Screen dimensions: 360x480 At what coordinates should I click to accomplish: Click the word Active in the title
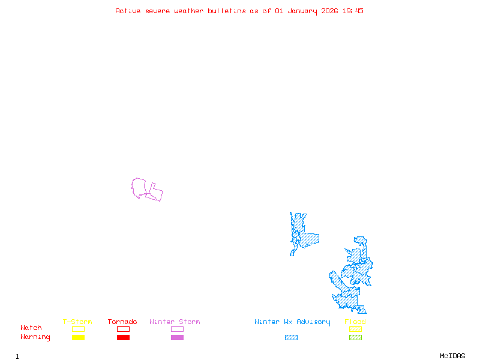(x=128, y=11)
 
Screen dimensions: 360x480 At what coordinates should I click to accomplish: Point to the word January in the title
(x=302, y=11)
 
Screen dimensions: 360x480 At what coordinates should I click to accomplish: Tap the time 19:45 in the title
(x=353, y=11)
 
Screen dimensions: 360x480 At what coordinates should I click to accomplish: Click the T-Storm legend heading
(x=77, y=322)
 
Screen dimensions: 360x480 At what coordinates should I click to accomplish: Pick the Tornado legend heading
(x=122, y=322)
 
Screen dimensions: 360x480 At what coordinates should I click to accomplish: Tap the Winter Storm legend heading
(x=175, y=322)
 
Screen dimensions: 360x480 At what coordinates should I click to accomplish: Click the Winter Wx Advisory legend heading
(x=292, y=322)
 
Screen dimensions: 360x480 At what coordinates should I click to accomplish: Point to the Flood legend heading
(x=355, y=322)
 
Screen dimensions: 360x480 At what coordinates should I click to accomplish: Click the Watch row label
(x=31, y=328)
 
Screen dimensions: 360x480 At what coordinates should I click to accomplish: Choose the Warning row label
(x=35, y=337)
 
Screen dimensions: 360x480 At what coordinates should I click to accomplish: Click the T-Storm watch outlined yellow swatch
(x=78, y=329)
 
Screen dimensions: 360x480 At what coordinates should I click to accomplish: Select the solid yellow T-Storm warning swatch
(x=78, y=338)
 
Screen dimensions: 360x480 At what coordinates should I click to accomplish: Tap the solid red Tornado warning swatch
(x=123, y=338)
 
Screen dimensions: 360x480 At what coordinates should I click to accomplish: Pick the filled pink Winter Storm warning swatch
(x=177, y=338)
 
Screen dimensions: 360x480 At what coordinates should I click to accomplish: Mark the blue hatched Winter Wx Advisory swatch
(x=291, y=338)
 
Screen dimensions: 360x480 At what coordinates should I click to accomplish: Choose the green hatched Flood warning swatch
(x=355, y=338)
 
